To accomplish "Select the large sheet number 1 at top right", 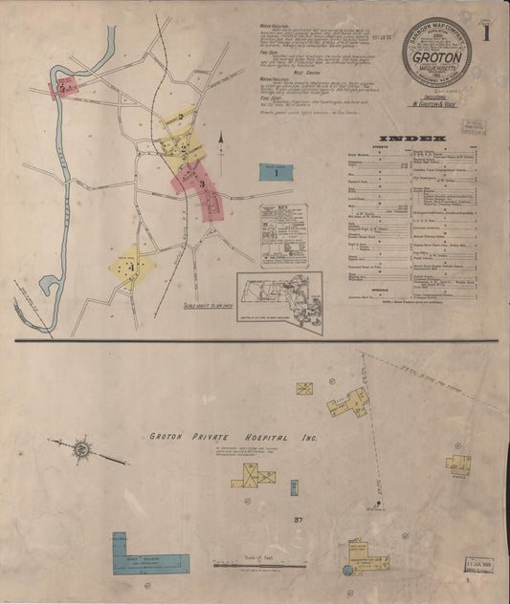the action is tap(487, 34).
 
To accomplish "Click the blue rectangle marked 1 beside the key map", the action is tap(276, 173).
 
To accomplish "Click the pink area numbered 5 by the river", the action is tap(63, 87).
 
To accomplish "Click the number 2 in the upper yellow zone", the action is tap(182, 118).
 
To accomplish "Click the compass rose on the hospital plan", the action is tap(83, 447).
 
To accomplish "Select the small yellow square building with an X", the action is tap(304, 389).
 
